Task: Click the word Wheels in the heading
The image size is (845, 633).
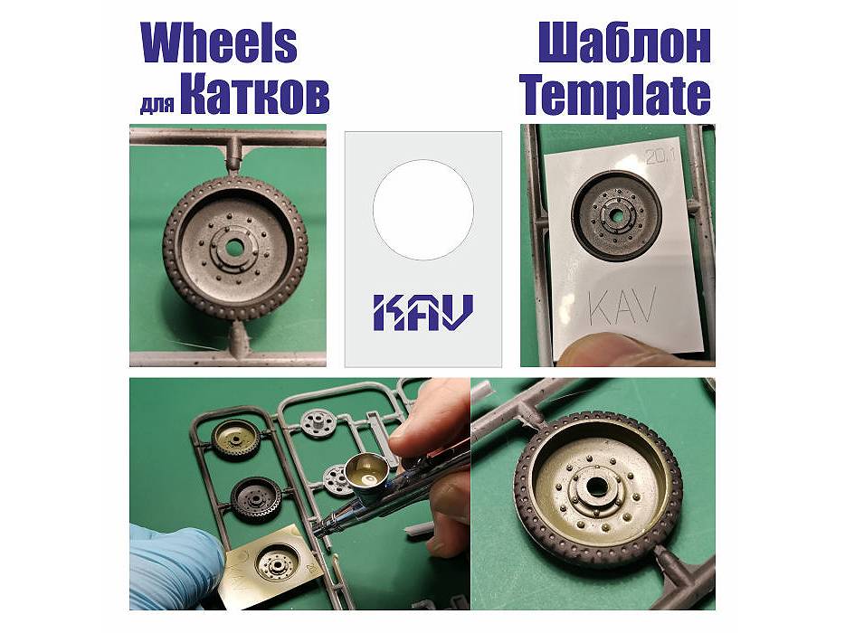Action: (219, 44)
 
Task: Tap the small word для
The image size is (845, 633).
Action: (157, 104)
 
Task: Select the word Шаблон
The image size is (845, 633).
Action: (624, 44)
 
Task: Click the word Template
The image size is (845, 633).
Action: (614, 96)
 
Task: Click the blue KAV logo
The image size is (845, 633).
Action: (423, 312)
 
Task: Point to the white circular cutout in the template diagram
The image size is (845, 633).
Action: (423, 210)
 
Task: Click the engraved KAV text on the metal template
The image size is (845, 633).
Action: (622, 307)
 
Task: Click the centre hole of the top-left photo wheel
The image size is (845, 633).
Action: (234, 248)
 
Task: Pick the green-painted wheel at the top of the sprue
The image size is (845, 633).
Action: (236, 439)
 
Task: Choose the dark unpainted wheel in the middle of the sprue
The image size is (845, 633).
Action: (255, 499)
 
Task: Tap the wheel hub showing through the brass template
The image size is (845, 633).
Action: (277, 564)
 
